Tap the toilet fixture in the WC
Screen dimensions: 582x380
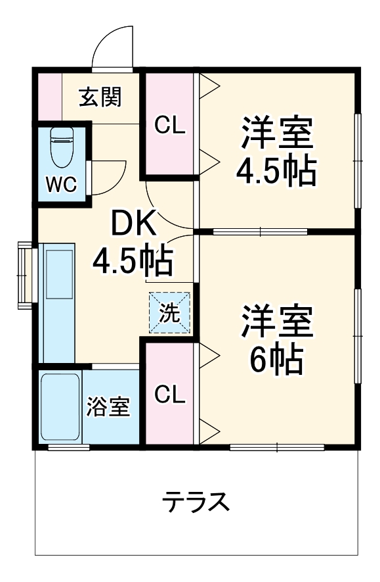(62, 149)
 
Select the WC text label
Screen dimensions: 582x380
(61, 185)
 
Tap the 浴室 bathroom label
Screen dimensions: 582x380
(108, 407)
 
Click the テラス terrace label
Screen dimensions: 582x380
(197, 502)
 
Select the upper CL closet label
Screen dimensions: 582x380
(169, 124)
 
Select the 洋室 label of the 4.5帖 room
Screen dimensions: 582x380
(276, 133)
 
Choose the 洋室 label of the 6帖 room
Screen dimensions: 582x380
(276, 322)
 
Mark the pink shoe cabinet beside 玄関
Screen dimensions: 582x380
(47, 97)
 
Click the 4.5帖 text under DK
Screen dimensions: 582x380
(133, 262)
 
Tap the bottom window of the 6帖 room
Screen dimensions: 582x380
(277, 448)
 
